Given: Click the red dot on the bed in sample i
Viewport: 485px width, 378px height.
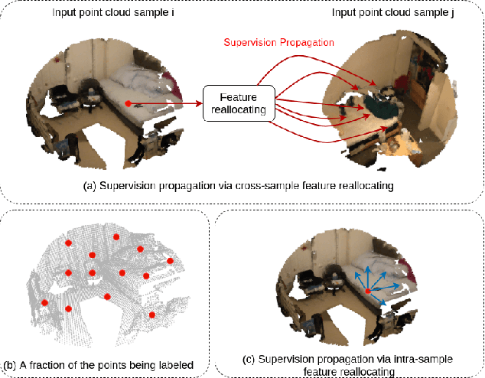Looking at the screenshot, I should coord(127,103).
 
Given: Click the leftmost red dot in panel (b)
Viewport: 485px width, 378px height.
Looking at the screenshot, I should coord(44,303).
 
